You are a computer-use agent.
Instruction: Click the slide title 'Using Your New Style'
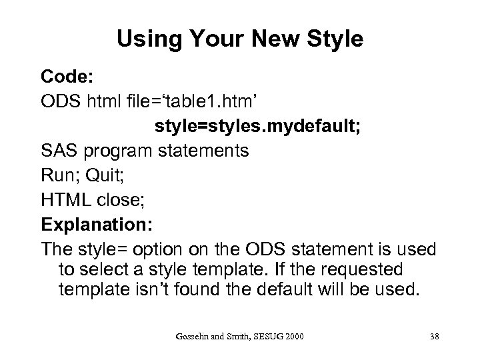click(x=240, y=39)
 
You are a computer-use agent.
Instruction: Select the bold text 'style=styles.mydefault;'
click(x=259, y=127)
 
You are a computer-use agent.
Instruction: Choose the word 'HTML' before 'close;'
click(x=67, y=199)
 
